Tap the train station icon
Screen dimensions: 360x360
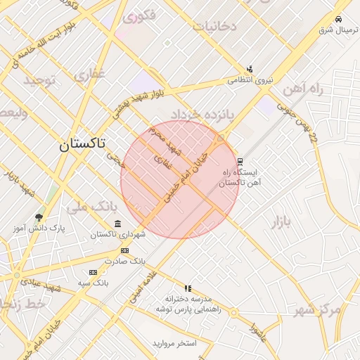point(240,161)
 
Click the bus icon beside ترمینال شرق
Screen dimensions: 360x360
point(339,19)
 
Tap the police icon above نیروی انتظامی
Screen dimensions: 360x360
point(250,69)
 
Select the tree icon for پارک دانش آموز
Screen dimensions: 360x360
point(39,217)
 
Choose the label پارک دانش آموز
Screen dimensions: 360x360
point(39,229)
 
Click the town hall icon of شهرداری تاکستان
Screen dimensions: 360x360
point(117,224)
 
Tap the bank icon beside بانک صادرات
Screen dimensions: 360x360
point(125,250)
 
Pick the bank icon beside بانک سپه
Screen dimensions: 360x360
point(93,272)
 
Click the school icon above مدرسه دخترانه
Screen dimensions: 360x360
point(188,288)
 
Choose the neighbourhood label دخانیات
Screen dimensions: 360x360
point(214,27)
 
